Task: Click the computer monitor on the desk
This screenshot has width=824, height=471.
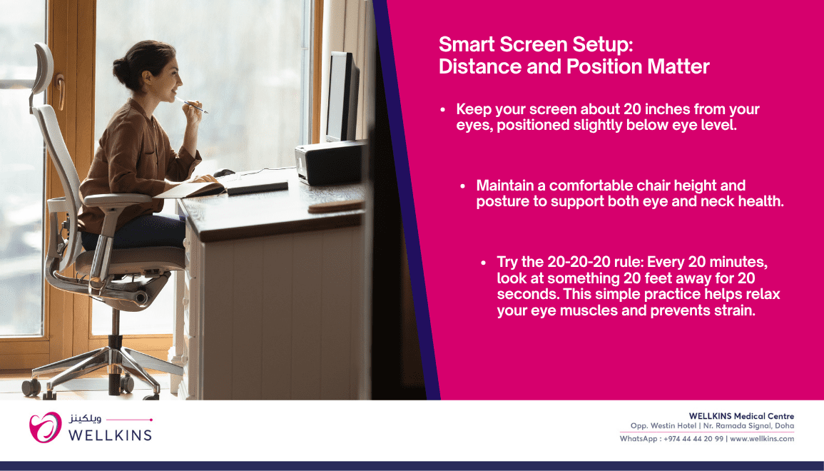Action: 342,97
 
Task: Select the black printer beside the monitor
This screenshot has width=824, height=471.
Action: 330,162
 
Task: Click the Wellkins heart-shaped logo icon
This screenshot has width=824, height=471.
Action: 45,427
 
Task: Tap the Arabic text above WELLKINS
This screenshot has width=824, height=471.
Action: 85,419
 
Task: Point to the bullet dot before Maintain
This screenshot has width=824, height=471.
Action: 462,186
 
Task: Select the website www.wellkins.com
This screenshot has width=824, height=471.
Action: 762,438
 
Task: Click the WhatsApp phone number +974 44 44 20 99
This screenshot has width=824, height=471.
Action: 693,438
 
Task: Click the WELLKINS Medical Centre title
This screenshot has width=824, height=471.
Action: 741,416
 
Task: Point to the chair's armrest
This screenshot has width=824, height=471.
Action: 117,199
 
